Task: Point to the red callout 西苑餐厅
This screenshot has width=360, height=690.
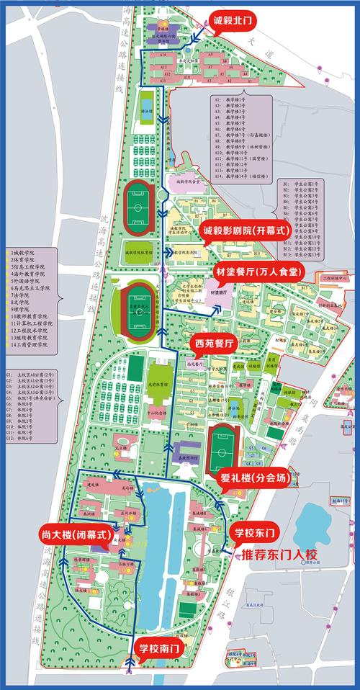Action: [x=215, y=344]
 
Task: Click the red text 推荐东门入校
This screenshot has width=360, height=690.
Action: [x=279, y=555]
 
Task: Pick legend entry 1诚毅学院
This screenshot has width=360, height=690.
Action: [x=24, y=254]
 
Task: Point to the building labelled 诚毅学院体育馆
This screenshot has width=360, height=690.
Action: [x=139, y=253]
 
